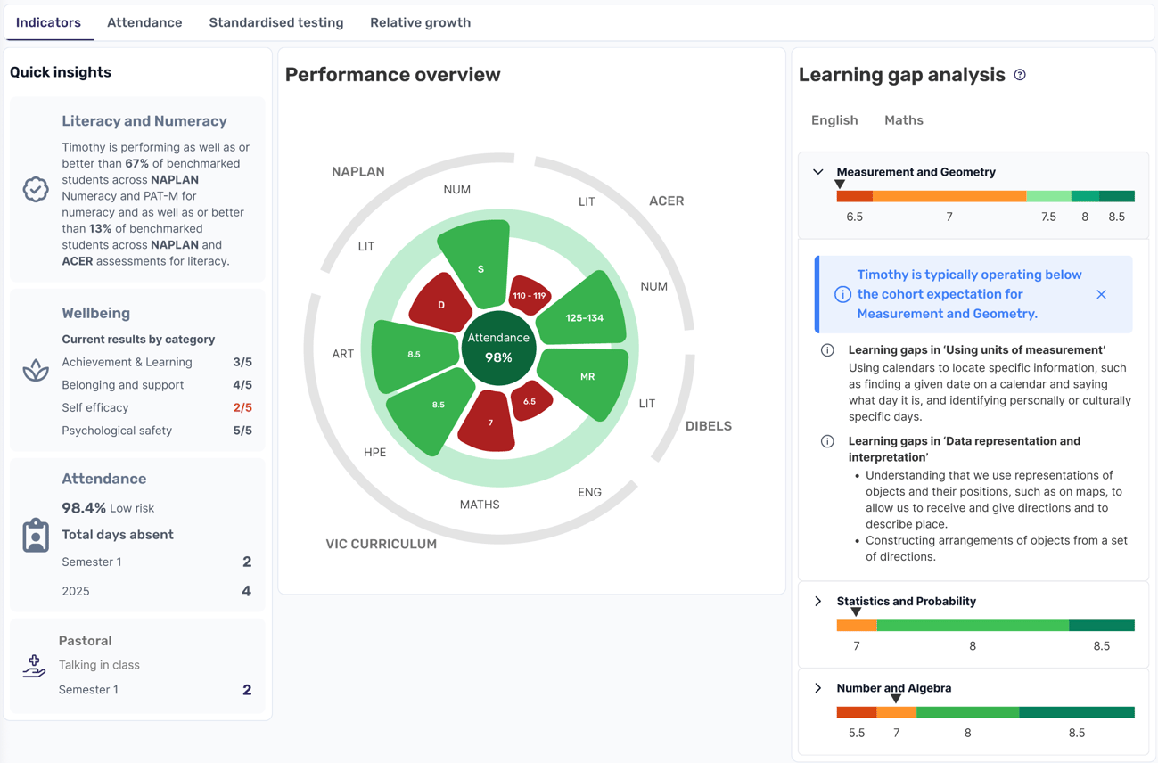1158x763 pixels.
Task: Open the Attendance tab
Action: click(x=144, y=23)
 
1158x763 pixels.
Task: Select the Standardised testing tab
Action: click(x=275, y=23)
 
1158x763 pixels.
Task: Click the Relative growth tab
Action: click(x=420, y=23)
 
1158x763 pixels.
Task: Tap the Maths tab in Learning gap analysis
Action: click(x=903, y=120)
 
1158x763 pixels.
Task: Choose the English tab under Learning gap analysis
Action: click(x=834, y=120)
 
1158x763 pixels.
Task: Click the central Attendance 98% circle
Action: click(x=498, y=348)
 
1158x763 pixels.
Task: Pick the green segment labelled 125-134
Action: click(x=584, y=316)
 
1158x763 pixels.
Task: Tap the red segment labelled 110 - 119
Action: click(x=530, y=295)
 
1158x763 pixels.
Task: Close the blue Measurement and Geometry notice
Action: click(x=1101, y=294)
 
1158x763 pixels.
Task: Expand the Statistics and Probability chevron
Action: click(x=818, y=602)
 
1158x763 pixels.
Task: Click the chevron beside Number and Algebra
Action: click(x=818, y=688)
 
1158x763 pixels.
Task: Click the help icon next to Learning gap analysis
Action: click(x=1020, y=75)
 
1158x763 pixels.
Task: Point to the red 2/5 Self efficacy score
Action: click(x=242, y=408)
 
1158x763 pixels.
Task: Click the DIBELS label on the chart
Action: click(x=708, y=426)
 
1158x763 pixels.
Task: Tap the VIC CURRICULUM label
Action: click(x=381, y=544)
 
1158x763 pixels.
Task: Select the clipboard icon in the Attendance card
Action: click(x=36, y=536)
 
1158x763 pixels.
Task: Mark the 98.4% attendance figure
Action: click(x=84, y=508)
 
